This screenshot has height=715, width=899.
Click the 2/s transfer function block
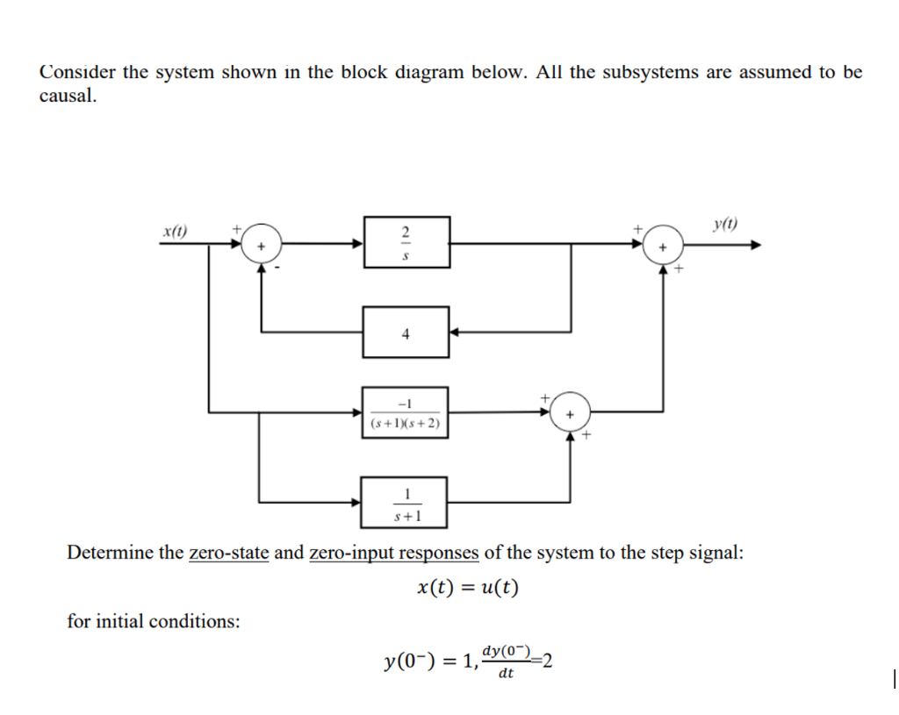pyautogui.click(x=406, y=243)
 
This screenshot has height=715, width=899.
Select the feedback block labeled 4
pyautogui.click(x=406, y=332)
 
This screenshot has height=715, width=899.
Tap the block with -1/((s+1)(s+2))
pyautogui.click(x=406, y=412)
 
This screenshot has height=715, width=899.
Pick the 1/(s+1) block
pyautogui.click(x=406, y=502)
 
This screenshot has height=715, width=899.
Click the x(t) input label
pyautogui.click(x=176, y=232)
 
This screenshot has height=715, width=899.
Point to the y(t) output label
pyautogui.click(x=724, y=225)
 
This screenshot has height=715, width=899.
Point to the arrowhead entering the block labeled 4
pyautogui.click(x=455, y=332)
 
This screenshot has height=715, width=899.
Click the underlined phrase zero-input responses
pyautogui.click(x=393, y=553)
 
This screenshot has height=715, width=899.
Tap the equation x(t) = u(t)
pyautogui.click(x=467, y=587)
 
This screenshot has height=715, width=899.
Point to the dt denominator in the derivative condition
pyautogui.click(x=505, y=674)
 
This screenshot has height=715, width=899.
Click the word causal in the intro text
pyautogui.click(x=68, y=96)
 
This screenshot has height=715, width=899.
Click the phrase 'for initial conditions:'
pyautogui.click(x=154, y=621)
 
